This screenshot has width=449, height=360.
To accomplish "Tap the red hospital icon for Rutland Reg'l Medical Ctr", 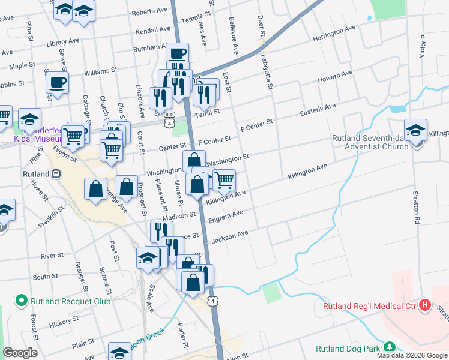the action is pyautogui.click(x=426, y=305).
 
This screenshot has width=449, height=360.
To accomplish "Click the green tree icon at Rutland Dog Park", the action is pyautogui.click(x=390, y=347).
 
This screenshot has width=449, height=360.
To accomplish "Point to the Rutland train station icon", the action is pyautogui.click(x=56, y=173).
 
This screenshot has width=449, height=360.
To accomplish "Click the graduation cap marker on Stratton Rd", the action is pyautogui.click(x=415, y=130).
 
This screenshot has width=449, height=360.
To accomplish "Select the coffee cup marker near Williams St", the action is pyautogui.click(x=57, y=82).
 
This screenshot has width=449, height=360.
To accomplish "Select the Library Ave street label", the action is pyautogui.click(x=62, y=42).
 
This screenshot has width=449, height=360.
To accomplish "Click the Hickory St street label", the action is pyautogui.click(x=61, y=324).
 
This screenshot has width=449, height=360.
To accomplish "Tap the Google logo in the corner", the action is pyautogui.click(x=20, y=353).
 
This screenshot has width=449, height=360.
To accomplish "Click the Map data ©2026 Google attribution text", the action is pyautogui.click(x=412, y=355).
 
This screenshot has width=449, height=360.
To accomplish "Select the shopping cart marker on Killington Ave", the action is pyautogui.click(x=224, y=179).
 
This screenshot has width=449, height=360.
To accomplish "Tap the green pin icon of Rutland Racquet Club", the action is pyautogui.click(x=22, y=301).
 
